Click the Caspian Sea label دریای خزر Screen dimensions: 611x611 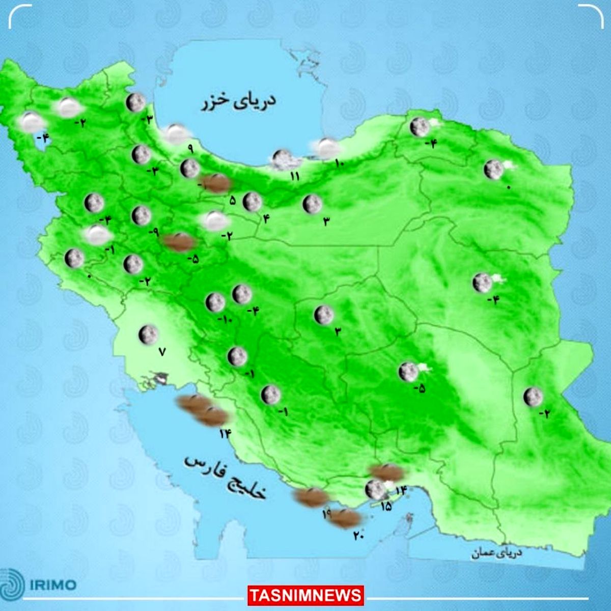coord(238,101)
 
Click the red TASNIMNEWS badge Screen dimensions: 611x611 coord(306,595)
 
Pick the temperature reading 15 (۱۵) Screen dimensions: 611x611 coord(385,506)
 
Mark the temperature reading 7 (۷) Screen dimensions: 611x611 coord(162,351)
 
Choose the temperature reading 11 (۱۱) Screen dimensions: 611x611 coord(294,177)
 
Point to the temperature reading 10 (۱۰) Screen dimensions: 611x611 coord(340,163)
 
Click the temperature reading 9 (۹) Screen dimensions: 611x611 coord(190,149)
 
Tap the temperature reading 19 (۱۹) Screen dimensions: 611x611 coord(326,514)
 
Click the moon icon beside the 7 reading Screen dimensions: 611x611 coord(148,334)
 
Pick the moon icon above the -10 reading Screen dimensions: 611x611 coord(215,302)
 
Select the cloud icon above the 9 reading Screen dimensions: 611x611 coord(177,133)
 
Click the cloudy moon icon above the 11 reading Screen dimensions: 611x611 coord(282,159)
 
